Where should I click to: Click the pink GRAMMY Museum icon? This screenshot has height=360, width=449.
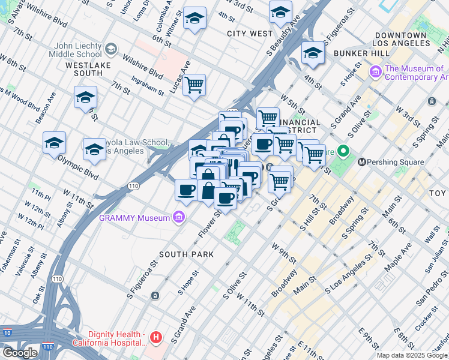coord(178,218)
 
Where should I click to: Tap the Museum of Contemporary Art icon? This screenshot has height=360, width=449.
coord(376,73)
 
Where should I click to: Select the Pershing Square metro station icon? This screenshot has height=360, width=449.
coord(362,162)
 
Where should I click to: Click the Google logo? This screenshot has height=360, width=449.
coord(20,353)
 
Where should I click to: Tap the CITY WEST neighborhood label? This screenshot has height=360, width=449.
coord(250,34)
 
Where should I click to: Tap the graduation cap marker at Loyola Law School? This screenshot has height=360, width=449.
coord(94,149)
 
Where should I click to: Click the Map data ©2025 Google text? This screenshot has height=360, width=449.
coord(412,355)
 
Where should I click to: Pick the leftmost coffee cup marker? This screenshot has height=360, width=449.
coord(186,190)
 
